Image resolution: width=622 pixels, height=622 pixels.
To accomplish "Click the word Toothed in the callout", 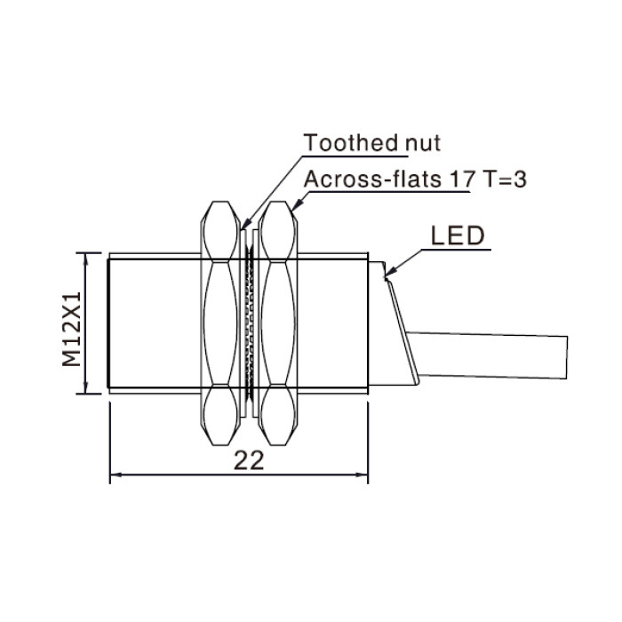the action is click(351, 142).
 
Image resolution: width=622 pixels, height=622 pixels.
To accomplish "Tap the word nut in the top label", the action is click(423, 143).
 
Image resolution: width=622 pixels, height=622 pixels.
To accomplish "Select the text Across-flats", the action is click(372, 179).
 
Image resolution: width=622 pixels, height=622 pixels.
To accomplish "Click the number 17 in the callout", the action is click(462, 179).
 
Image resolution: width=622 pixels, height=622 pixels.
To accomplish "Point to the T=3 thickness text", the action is click(504, 179).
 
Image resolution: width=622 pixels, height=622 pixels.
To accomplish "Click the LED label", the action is click(458, 235).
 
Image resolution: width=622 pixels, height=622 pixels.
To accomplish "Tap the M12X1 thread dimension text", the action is click(72, 330).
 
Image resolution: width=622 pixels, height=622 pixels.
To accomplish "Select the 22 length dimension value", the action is click(249, 461).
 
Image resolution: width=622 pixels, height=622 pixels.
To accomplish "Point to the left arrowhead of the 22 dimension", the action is click(116, 474).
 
